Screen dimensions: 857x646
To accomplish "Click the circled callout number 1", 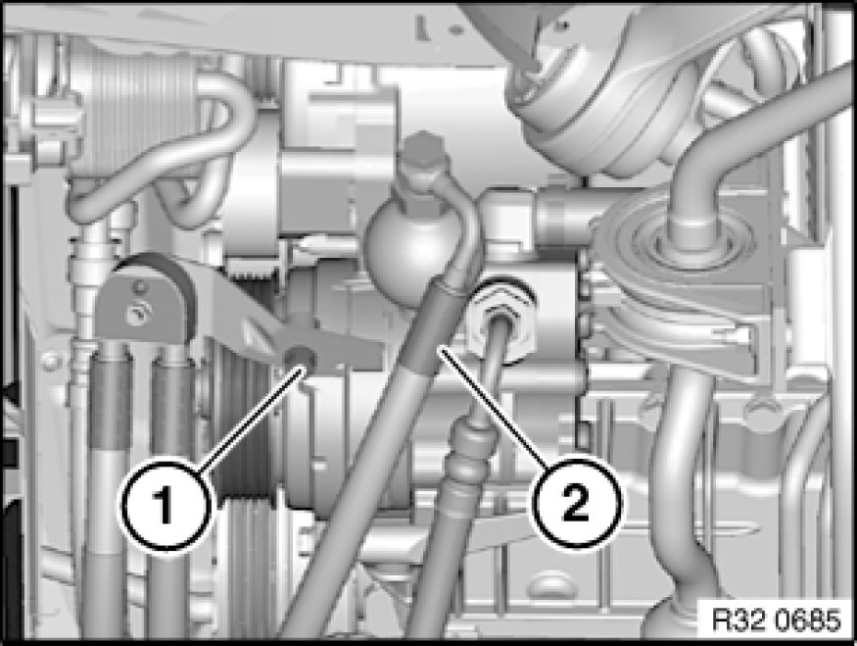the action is click(x=166, y=506).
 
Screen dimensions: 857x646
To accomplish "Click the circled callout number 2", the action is click(x=577, y=503).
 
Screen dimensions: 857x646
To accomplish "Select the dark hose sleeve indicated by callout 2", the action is click(x=426, y=328).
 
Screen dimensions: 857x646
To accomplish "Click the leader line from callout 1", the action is click(x=249, y=419).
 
